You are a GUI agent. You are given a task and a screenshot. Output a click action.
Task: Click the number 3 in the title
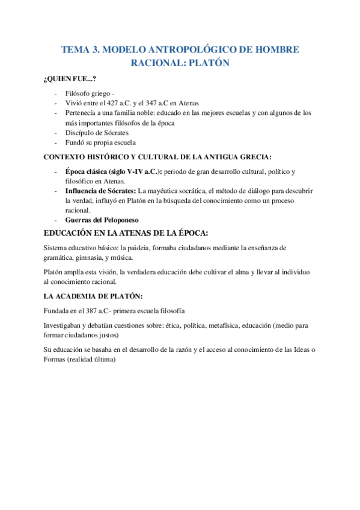(96, 50)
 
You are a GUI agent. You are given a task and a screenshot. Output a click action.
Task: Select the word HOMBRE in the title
(274, 50)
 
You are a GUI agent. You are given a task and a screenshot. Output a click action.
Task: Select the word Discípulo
(80, 132)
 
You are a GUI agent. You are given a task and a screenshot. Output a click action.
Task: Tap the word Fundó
(75, 143)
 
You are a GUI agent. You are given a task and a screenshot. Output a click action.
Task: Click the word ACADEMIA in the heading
(80, 296)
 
